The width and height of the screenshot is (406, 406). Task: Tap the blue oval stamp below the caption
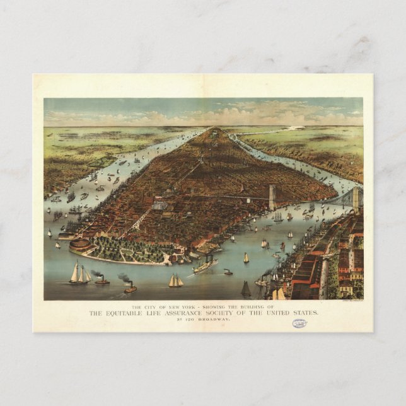[x=299, y=323]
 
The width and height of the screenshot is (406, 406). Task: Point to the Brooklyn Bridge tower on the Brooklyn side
[x=356, y=199]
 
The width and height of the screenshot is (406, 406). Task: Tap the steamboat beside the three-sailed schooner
[x=101, y=280]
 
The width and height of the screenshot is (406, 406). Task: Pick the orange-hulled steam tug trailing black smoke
[x=130, y=289]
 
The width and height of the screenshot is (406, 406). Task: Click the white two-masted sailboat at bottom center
[x=175, y=281]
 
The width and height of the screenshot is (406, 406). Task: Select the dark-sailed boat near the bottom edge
[x=246, y=289]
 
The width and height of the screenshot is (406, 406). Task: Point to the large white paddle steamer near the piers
[x=206, y=266]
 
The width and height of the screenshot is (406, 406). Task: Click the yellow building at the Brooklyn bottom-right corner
[x=345, y=289]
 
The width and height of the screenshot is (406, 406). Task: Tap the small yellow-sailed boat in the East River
[x=246, y=258]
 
